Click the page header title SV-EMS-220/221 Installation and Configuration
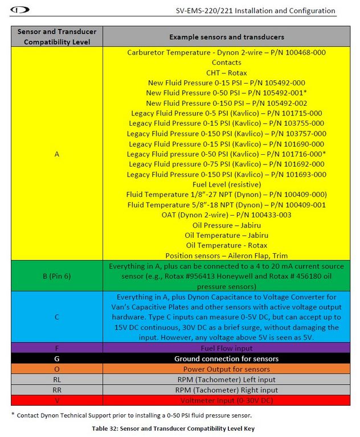click(x=256, y=11)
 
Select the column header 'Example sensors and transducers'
click(x=227, y=36)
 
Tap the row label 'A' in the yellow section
click(x=57, y=154)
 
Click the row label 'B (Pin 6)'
click(x=57, y=277)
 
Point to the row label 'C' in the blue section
click(x=57, y=317)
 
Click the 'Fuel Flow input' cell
click(x=227, y=348)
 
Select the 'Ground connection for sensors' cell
click(x=227, y=358)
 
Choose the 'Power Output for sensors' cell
click(x=227, y=369)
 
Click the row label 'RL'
click(x=57, y=379)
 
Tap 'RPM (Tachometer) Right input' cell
click(x=227, y=390)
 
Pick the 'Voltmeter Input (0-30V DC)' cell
click(x=227, y=400)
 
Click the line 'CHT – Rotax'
click(x=227, y=73)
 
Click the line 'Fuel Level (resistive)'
click(x=227, y=184)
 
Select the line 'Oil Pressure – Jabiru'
click(x=227, y=225)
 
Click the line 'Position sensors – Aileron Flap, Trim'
click(x=227, y=255)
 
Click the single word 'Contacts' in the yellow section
click(x=227, y=63)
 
